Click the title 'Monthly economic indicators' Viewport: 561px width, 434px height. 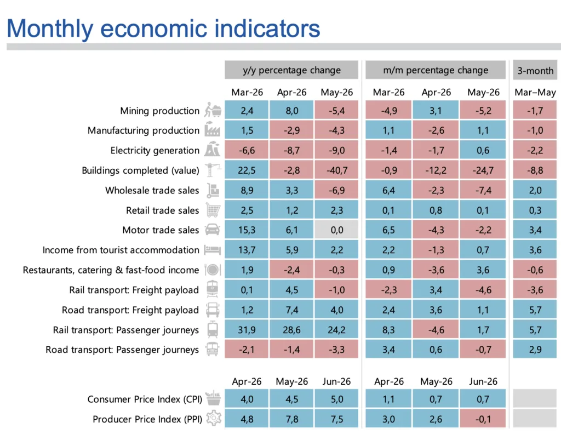click(x=163, y=28)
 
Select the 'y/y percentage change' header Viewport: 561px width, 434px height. click(x=291, y=70)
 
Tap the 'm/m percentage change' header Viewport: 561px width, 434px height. click(x=436, y=70)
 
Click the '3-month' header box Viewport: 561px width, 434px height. click(x=535, y=70)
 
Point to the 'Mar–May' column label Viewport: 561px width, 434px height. click(x=535, y=92)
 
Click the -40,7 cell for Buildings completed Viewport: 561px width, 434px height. click(x=337, y=170)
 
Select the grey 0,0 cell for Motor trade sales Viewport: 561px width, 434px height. click(x=337, y=230)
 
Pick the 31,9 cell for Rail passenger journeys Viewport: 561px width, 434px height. click(x=247, y=330)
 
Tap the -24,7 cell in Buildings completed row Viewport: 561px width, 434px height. click(x=483, y=170)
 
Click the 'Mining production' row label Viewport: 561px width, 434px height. click(x=159, y=111)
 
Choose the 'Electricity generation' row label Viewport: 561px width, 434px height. click(x=154, y=151)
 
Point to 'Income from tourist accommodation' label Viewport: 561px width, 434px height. click(x=121, y=250)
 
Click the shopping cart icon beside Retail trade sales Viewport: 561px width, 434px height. click(x=213, y=210)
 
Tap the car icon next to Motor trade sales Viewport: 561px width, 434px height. click(x=213, y=230)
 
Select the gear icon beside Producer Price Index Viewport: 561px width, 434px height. click(x=214, y=418)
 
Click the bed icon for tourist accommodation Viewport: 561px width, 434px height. click(x=212, y=249)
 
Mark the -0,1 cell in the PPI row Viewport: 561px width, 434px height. click(x=483, y=419)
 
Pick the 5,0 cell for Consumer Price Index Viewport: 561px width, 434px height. click(x=337, y=399)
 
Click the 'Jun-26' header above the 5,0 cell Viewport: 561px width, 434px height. click(x=336, y=381)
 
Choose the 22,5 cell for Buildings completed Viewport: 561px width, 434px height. click(x=247, y=170)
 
